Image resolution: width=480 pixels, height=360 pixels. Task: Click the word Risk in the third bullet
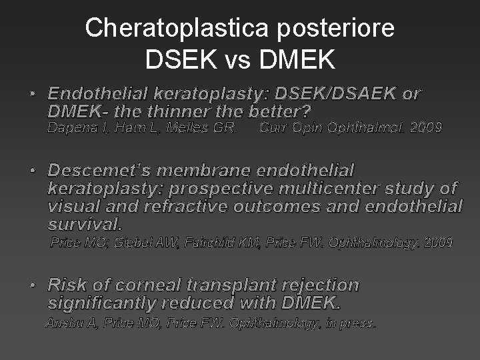pyautogui.click(x=67, y=285)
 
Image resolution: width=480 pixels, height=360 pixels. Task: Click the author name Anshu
pyautogui.click(x=62, y=323)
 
